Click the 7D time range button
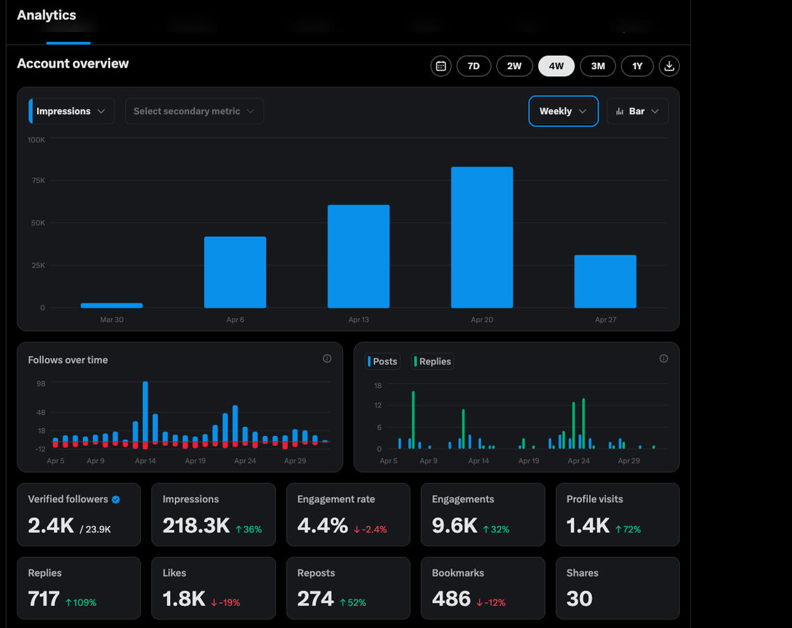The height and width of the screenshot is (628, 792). tap(473, 66)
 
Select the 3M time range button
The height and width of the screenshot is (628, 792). tap(597, 66)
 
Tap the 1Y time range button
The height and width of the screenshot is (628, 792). tap(637, 66)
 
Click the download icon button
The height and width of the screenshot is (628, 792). tap(669, 66)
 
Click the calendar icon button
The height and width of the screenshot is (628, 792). tap(441, 66)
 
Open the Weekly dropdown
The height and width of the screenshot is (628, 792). tap(563, 111)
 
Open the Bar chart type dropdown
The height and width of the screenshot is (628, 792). tap(637, 111)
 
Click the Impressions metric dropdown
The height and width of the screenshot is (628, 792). tap(71, 111)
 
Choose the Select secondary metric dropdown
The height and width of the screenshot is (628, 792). tap(194, 111)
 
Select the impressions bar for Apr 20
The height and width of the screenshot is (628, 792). tap(482, 237)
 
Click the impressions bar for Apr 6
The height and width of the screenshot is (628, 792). tap(235, 272)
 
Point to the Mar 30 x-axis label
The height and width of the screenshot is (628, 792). tap(112, 320)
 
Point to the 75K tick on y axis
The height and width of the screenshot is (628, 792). tap(36, 181)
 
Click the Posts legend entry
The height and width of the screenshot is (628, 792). tap(383, 361)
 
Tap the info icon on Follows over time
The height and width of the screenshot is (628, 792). tap(327, 359)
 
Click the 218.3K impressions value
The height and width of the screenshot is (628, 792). tap(196, 525)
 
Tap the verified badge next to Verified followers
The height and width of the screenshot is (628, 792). tap(116, 500)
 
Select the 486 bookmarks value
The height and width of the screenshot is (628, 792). tap(451, 599)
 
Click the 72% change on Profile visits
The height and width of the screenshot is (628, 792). tap(627, 530)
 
